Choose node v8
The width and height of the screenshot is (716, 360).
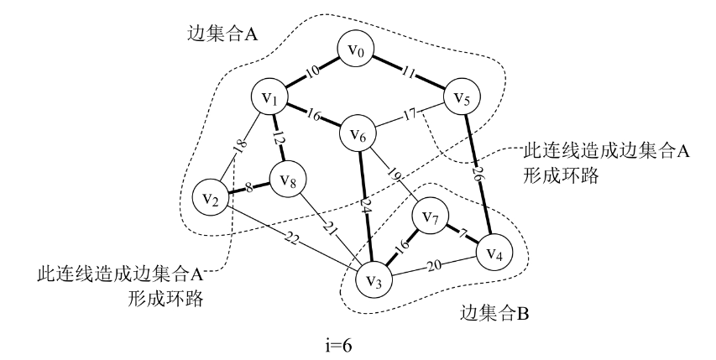[x=287, y=179]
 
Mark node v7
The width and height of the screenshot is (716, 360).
[x=431, y=220]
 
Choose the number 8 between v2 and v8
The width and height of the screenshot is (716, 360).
[x=248, y=186]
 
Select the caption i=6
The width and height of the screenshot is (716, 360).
[x=357, y=344]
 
